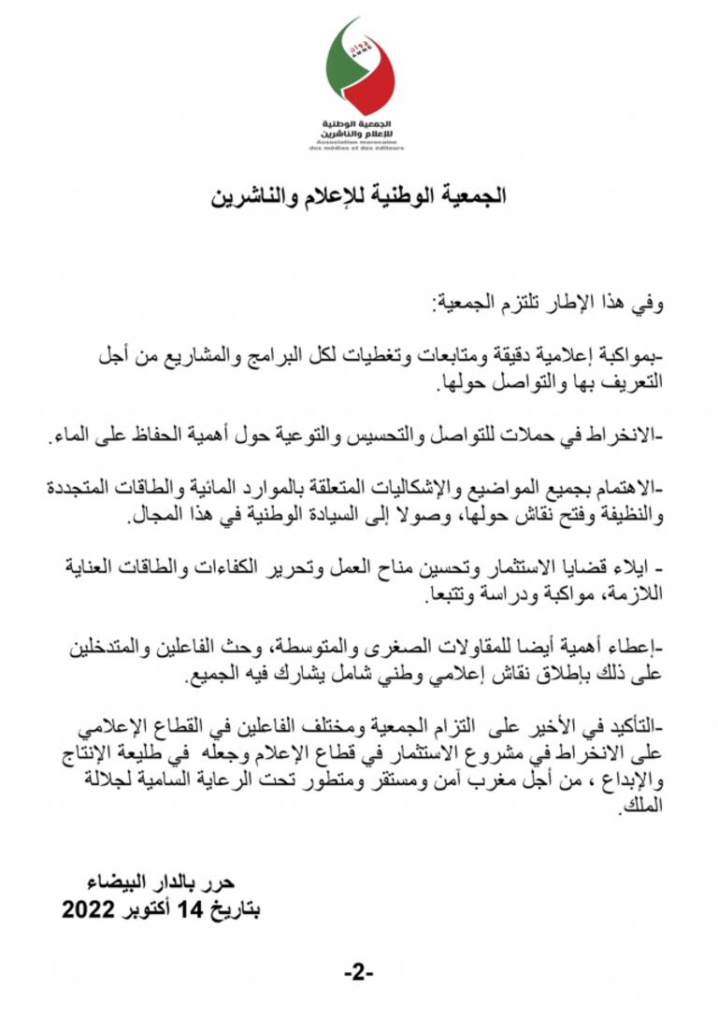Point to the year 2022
point(88,907)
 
